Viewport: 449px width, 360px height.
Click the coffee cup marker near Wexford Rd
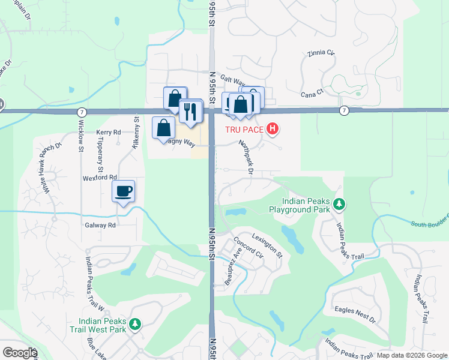pos(124,191)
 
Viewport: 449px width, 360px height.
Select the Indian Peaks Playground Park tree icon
pos(339,205)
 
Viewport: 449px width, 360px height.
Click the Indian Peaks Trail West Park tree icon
pos(136,325)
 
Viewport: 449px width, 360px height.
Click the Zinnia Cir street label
pos(321,53)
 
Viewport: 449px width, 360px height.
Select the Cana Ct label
pos(312,93)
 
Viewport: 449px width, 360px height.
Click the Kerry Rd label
pos(109,132)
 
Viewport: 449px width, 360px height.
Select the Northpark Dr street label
pos(246,155)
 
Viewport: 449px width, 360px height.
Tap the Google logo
pos(19,353)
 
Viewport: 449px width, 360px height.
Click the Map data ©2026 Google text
pos(411,355)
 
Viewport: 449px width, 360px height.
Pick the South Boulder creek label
pos(430,224)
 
